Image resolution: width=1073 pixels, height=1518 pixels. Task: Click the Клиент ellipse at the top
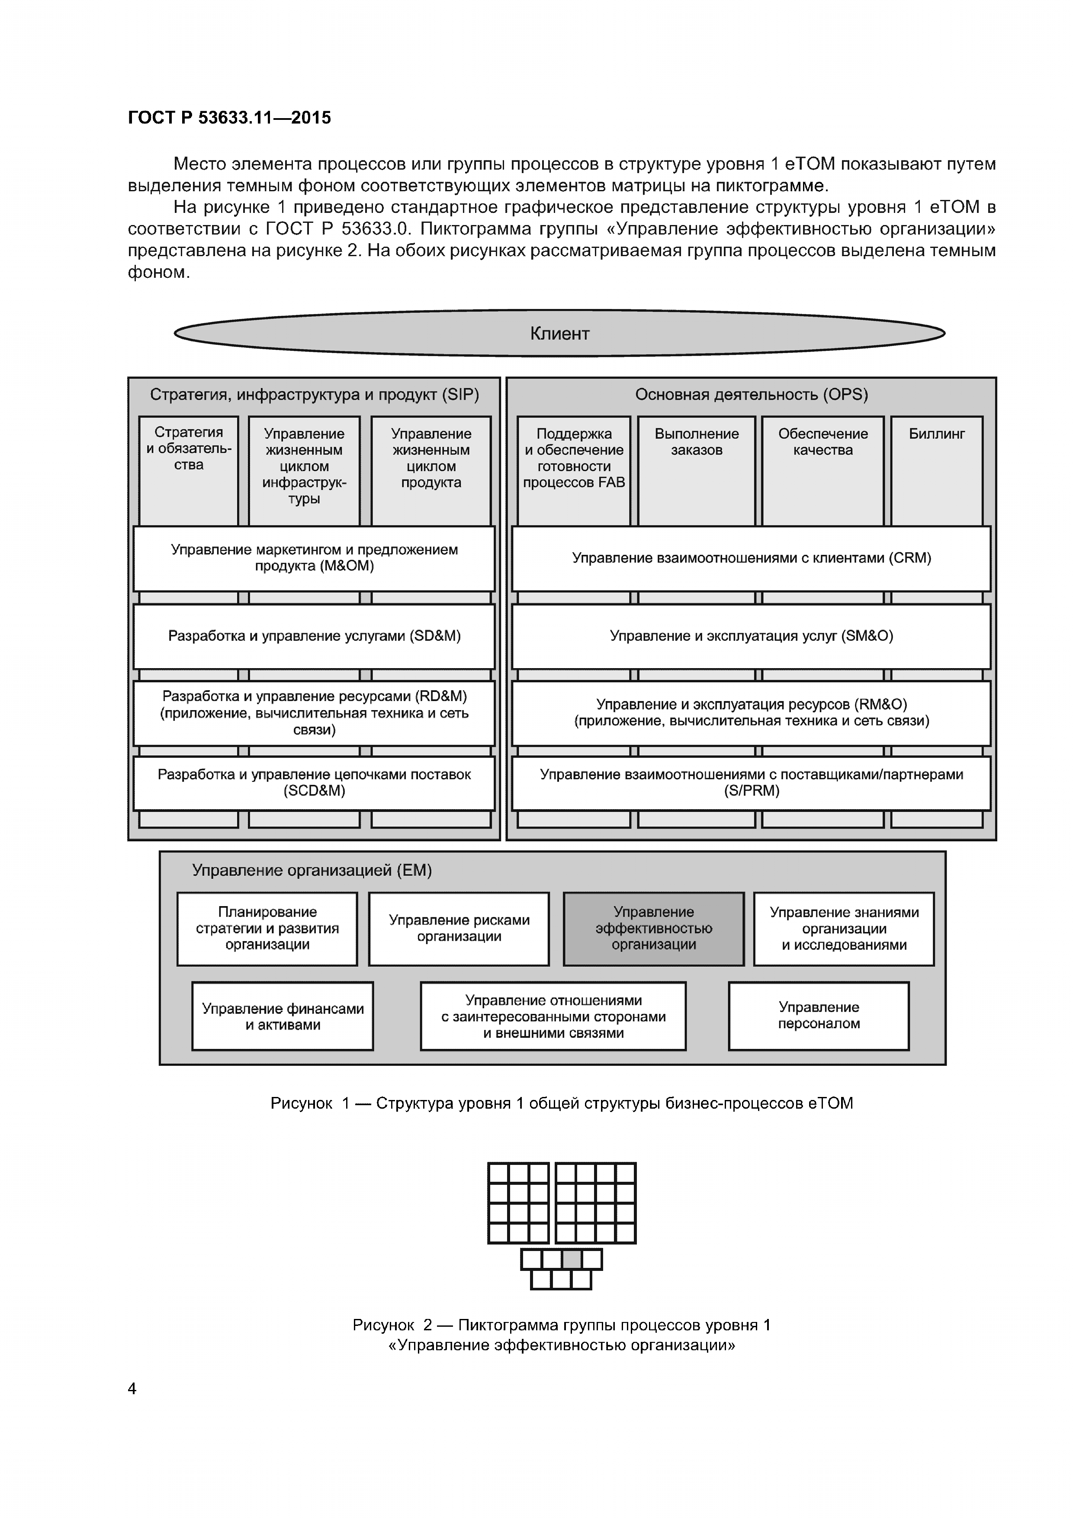pyautogui.click(x=559, y=333)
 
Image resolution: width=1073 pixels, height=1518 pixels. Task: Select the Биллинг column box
pyautogui.click(x=936, y=470)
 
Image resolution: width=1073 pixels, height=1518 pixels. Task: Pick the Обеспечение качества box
pyautogui.click(x=822, y=470)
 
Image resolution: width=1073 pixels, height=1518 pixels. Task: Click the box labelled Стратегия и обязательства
pyautogui.click(x=188, y=470)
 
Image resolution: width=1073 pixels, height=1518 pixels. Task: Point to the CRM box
pyautogui.click(x=751, y=558)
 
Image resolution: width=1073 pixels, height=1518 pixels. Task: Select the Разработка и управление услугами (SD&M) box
pyautogui.click(x=314, y=636)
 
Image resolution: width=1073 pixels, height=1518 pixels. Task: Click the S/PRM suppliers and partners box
pyautogui.click(x=751, y=783)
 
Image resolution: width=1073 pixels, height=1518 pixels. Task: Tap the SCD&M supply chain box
pyautogui.click(x=314, y=783)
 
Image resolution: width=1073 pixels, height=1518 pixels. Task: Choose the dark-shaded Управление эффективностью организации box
pyautogui.click(x=653, y=928)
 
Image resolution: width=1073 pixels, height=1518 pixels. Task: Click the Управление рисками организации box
pyautogui.click(x=459, y=928)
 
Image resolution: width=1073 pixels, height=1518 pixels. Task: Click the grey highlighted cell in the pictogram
pyautogui.click(x=572, y=1260)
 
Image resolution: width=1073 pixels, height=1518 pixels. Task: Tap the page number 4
pyautogui.click(x=132, y=1389)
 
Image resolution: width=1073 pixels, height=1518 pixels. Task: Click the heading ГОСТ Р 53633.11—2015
pyautogui.click(x=229, y=118)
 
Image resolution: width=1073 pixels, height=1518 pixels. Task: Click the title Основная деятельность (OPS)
pyautogui.click(x=751, y=395)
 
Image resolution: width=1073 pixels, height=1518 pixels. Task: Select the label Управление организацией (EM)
pyautogui.click(x=312, y=871)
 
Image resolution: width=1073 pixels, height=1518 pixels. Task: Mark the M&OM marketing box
pyautogui.click(x=314, y=558)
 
